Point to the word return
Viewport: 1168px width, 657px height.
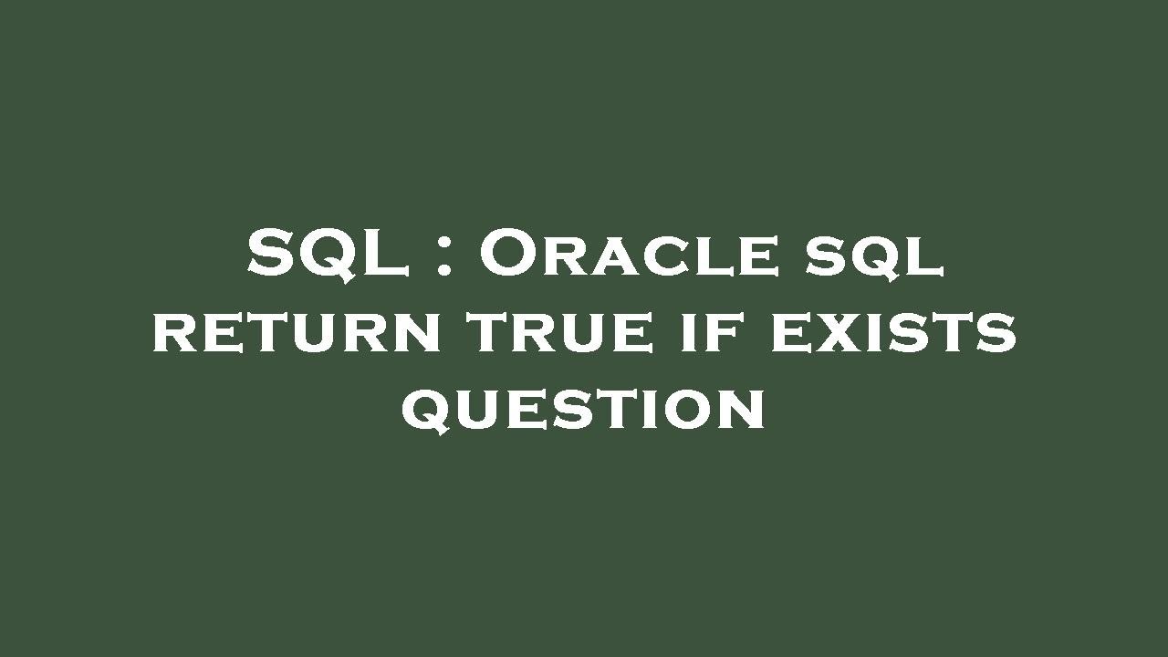pos(297,331)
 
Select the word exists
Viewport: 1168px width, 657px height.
pos(893,331)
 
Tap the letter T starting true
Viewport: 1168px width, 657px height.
pos(489,333)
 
